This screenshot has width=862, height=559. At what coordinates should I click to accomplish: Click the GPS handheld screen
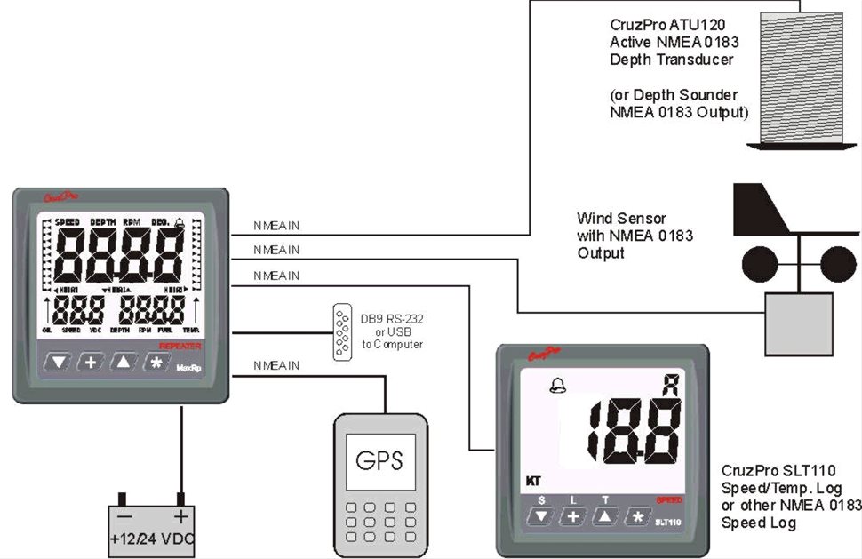(379, 461)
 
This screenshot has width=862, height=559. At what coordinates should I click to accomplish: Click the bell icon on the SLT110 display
(556, 387)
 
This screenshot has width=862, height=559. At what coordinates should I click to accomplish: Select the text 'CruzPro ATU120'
(653, 26)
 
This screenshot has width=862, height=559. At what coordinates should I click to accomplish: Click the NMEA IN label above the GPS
(276, 366)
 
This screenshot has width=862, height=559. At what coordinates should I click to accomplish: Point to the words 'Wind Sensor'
(621, 218)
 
